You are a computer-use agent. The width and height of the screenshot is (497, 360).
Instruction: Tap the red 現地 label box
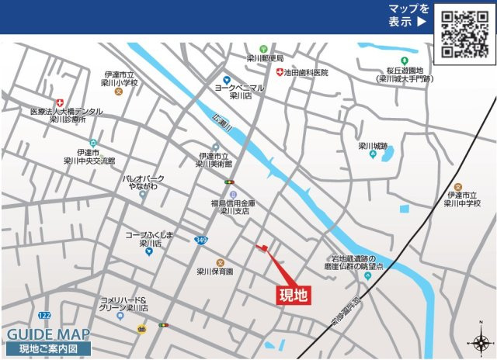pos(294,294)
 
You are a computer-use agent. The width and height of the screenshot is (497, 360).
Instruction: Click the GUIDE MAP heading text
pos(48,334)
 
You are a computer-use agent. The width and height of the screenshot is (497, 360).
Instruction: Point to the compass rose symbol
pos(480,343)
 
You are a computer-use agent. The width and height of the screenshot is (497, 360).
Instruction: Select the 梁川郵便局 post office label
pos(265,58)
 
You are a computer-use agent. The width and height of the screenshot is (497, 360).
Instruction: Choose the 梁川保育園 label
pos(214,272)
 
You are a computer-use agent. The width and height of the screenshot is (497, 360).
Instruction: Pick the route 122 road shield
pos(44,315)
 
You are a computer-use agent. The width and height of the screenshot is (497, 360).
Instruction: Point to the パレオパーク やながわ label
pos(144,182)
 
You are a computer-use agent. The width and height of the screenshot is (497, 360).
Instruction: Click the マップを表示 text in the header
pos(408,16)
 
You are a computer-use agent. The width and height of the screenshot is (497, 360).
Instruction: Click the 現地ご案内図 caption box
pos(48,348)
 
